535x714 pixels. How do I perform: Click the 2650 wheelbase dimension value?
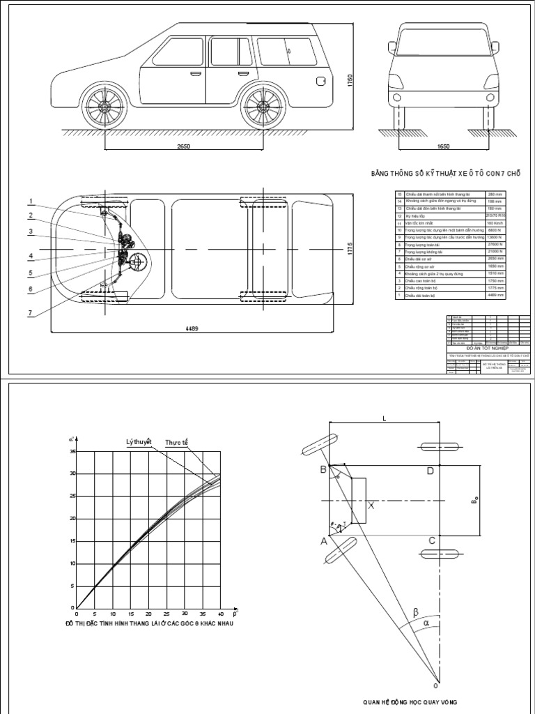pos(184,146)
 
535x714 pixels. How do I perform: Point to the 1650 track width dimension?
pos(443,146)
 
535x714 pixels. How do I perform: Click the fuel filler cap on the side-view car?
pos(320,82)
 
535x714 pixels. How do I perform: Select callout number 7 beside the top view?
pos(30,313)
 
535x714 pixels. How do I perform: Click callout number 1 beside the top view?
pos(30,202)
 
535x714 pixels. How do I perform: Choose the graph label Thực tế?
pos(177,443)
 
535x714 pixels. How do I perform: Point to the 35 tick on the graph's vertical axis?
pos(72,452)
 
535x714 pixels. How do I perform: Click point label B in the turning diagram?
pos(323,470)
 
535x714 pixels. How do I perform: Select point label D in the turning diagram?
pos(431,471)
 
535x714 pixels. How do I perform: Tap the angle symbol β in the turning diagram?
pos(416,612)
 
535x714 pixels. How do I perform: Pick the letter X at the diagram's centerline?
pos(371,506)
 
